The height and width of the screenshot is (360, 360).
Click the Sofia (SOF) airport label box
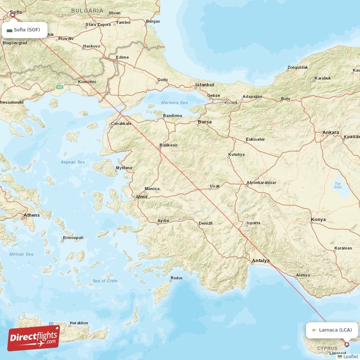25,30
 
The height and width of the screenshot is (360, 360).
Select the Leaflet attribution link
349,356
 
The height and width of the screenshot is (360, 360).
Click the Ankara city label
331,133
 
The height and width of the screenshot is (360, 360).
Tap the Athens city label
31,215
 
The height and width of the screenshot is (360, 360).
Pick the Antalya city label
261,261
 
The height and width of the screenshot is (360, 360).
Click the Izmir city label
142,197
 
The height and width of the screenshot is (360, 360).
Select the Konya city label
318,220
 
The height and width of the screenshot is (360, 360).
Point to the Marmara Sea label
175,103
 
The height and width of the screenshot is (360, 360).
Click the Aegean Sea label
72,162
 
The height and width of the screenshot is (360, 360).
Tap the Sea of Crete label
105,281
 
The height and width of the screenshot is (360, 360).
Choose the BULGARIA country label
87,10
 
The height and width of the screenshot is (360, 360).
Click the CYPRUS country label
327,348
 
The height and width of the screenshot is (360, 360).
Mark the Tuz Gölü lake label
337,185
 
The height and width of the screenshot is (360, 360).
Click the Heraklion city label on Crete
79,323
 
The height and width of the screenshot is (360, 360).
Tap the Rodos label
177,278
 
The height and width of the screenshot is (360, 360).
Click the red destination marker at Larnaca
346,345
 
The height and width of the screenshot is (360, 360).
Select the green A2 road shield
59,87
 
